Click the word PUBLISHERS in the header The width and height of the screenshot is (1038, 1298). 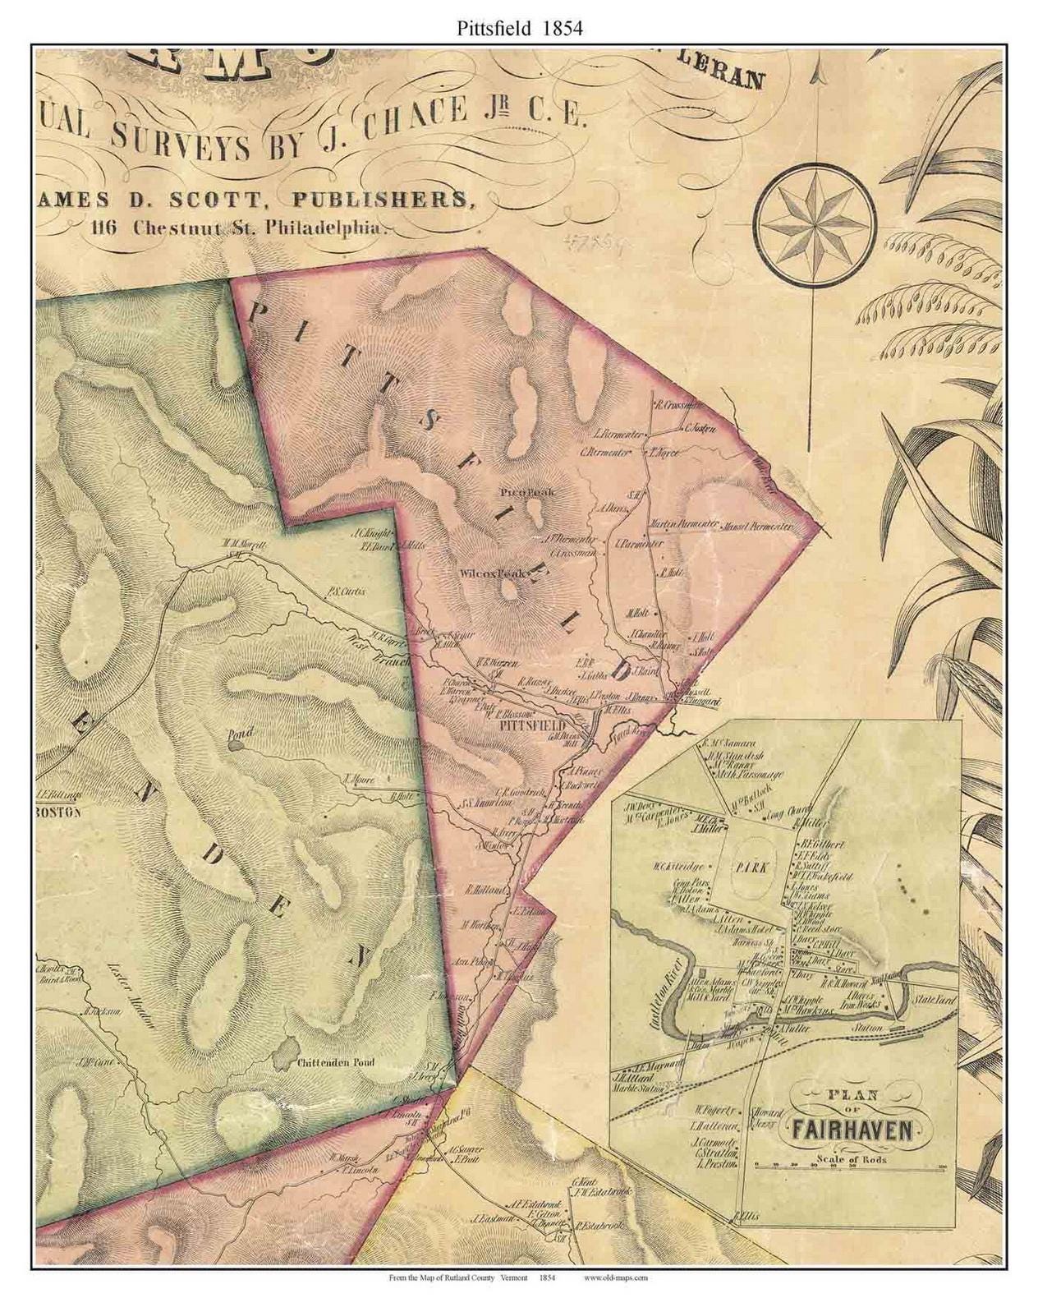(389, 200)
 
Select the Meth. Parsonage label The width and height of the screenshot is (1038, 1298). (750, 775)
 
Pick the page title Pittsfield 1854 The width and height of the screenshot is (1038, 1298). (517, 28)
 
